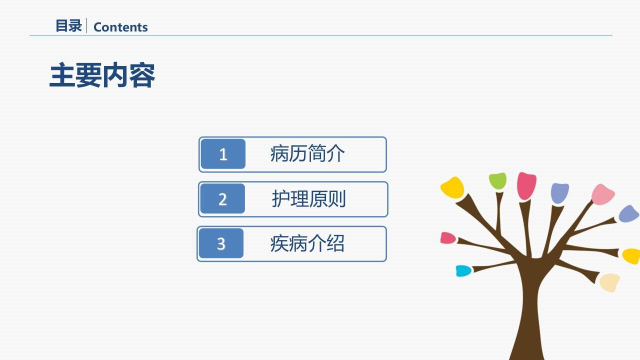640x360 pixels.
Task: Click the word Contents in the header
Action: (120, 27)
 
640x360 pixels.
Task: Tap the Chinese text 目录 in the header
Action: (69, 26)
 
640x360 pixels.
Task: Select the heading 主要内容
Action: (102, 75)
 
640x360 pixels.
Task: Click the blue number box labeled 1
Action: (223, 154)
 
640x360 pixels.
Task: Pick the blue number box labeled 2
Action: (222, 198)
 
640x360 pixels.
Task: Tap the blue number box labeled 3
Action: (221, 243)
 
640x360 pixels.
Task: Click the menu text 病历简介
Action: (307, 153)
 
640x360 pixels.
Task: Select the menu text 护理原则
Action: (309, 198)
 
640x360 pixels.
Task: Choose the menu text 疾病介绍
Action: (307, 243)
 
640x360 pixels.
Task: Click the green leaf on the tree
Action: (497, 181)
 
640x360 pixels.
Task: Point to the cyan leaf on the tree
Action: (463, 271)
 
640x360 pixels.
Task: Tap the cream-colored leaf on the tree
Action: (609, 282)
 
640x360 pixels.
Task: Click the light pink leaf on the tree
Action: (602, 194)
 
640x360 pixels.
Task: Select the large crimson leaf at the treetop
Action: (526, 185)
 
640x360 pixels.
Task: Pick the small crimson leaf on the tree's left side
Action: (447, 238)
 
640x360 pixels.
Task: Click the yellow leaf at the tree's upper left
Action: (452, 187)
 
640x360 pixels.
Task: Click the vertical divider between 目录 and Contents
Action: (86, 25)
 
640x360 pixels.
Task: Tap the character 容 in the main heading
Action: (142, 75)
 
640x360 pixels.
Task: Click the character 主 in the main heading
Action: (62, 75)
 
